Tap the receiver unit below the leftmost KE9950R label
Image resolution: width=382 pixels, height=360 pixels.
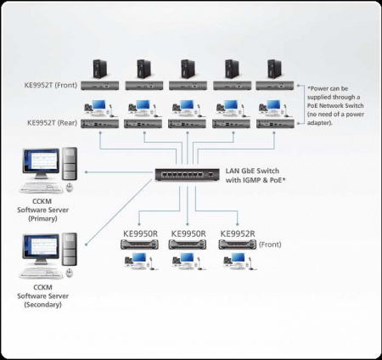point(138,245)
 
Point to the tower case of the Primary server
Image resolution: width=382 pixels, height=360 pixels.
point(70,166)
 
